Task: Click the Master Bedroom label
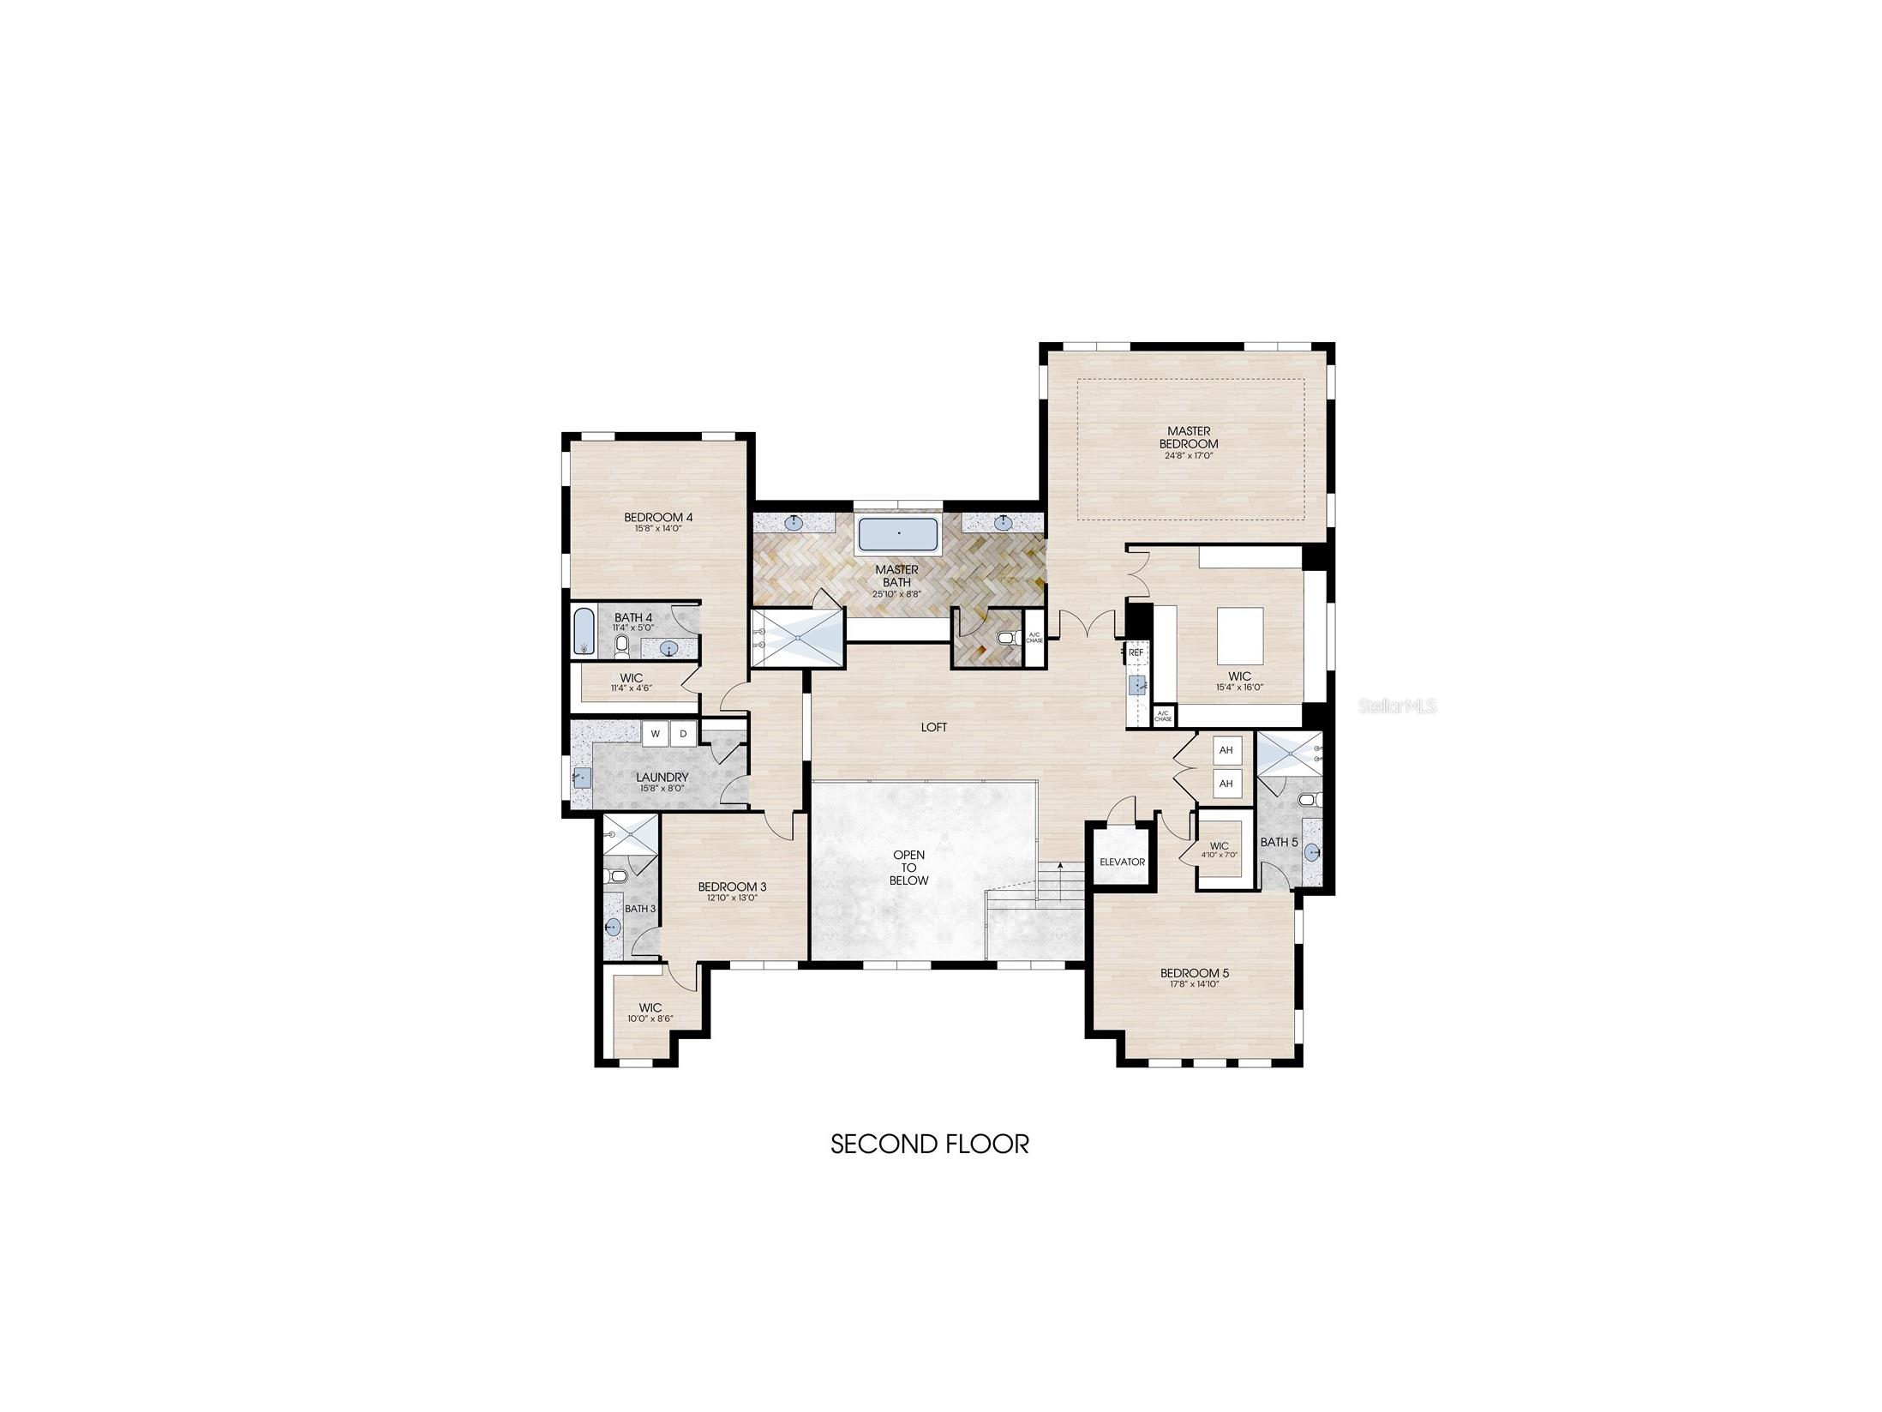coord(1188,437)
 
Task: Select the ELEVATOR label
coord(1121,862)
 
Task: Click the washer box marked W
coord(655,734)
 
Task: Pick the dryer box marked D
coord(683,734)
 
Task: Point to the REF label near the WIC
coord(1136,652)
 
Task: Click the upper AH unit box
coord(1226,750)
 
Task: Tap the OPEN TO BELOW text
coord(908,868)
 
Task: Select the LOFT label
coord(933,727)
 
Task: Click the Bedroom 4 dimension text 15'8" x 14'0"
coord(657,529)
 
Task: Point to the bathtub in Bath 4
coord(582,633)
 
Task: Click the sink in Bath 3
coord(613,927)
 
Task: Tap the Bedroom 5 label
coord(1194,973)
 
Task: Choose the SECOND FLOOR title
coord(929,1144)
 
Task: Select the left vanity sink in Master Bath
coord(794,521)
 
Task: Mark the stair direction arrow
coord(1060,880)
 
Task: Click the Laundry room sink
coord(582,778)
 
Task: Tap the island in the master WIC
coord(1240,635)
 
